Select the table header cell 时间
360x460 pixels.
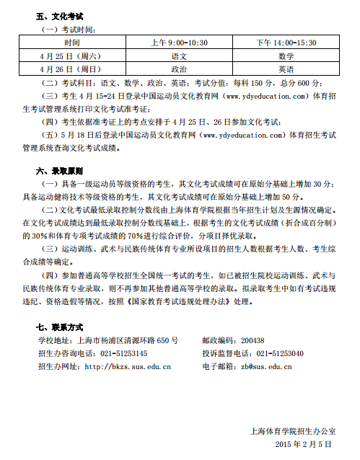(71, 43)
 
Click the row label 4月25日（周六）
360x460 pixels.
(71, 56)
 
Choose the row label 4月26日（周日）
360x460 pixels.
(71, 69)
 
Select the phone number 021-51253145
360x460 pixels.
(124, 353)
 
